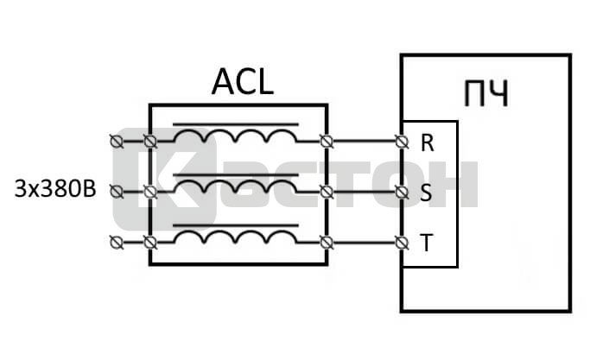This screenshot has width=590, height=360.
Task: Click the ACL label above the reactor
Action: (242, 83)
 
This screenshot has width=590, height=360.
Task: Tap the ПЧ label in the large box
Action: (485, 93)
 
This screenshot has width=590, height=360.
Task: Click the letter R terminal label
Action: (427, 142)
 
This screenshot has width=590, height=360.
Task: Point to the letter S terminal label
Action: (426, 193)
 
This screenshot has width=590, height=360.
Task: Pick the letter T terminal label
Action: (426, 243)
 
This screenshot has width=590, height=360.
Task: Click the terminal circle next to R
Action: (401, 141)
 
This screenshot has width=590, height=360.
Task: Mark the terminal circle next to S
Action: (401, 191)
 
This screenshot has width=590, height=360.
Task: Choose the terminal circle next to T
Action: (401, 242)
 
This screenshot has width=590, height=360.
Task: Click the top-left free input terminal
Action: (117, 140)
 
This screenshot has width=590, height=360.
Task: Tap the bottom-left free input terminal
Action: (117, 242)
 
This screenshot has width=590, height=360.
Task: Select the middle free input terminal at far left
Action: (117, 191)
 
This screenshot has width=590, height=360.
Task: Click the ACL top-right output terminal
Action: (327, 141)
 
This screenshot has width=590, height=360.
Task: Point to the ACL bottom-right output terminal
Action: (327, 242)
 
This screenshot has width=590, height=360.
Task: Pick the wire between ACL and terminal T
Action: (364, 242)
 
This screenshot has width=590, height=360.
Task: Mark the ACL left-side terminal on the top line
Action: (150, 140)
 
